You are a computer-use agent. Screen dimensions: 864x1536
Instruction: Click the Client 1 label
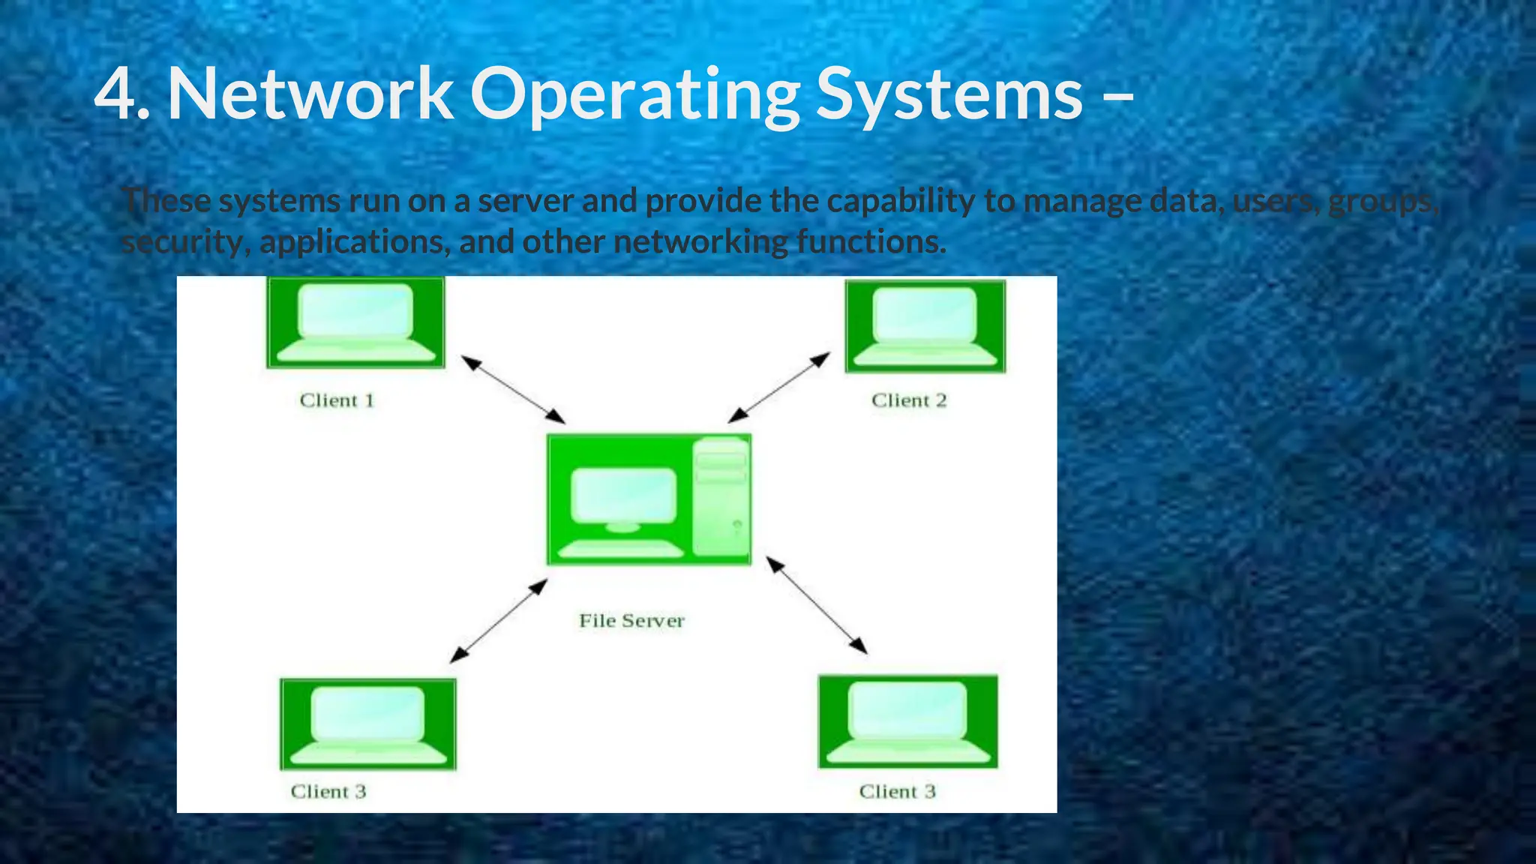[x=337, y=400]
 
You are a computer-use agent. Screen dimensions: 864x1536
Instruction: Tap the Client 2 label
[x=909, y=400]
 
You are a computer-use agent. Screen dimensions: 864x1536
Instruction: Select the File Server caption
[x=631, y=621]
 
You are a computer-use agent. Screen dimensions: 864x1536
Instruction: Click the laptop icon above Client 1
[x=356, y=322]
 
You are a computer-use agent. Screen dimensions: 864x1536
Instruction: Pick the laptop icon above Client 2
[x=925, y=326]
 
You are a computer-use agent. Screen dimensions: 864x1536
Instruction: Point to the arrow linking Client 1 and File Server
[x=513, y=390]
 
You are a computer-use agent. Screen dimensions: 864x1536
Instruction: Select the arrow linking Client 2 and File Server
[x=779, y=387]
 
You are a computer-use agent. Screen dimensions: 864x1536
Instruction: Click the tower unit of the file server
[x=721, y=498]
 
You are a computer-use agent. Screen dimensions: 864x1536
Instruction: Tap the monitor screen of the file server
[x=623, y=495]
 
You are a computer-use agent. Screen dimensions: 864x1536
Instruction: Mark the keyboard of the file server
[x=622, y=550]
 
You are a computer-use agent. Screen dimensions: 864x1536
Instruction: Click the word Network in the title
[x=310, y=94]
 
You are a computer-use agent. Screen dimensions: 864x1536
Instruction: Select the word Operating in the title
[x=635, y=94]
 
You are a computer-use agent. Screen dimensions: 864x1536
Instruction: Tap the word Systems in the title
[x=949, y=94]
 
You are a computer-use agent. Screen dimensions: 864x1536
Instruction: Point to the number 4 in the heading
[x=114, y=94]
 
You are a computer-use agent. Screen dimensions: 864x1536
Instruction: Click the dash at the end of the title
[x=1119, y=97]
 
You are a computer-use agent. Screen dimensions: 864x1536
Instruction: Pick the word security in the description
[x=185, y=242]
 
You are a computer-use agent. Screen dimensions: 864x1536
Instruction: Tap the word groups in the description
[x=1382, y=201]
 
